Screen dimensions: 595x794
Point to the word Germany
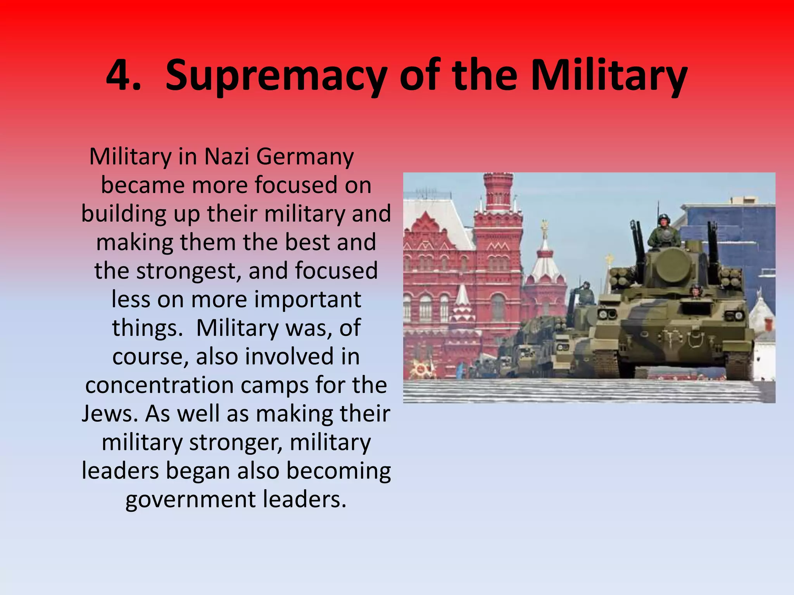(305, 157)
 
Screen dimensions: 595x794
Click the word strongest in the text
(189, 271)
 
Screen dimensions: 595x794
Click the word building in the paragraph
(124, 214)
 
